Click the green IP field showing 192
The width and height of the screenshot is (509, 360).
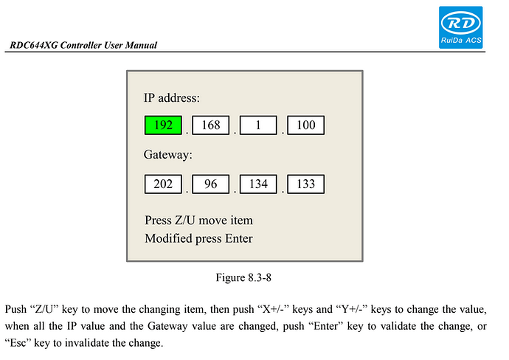click(163, 125)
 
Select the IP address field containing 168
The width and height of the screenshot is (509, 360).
click(211, 125)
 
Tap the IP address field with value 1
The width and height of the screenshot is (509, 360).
click(258, 125)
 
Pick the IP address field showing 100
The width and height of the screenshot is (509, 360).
click(306, 125)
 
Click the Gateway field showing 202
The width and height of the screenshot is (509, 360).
click(163, 184)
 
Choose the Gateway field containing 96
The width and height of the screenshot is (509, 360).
click(211, 184)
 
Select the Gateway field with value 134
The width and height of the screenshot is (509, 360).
click(258, 184)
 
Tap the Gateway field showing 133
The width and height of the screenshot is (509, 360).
click(306, 184)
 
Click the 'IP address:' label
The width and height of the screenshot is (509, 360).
click(172, 97)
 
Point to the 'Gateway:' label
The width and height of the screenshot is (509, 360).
click(168, 154)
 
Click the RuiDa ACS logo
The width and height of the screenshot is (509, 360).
click(460, 27)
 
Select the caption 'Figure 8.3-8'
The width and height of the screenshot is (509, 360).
click(243, 277)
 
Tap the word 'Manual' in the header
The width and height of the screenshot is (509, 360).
click(141, 45)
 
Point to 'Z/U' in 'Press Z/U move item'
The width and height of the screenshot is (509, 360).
click(185, 221)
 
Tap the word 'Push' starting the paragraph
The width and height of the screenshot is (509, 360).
click(15, 309)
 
